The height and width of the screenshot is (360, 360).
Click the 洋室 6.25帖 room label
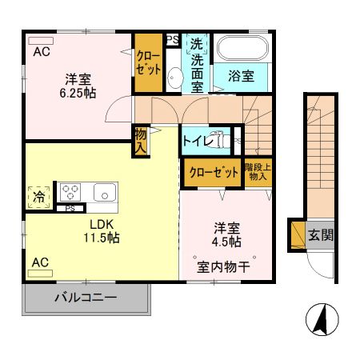[78, 86]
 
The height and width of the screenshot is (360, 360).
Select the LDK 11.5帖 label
[104, 230]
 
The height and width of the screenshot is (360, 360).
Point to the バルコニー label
[86, 298]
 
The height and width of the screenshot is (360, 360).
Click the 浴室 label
[241, 76]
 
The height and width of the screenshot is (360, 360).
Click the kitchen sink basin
[105, 192]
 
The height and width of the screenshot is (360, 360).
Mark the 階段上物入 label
[258, 171]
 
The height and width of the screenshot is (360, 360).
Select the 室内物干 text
[224, 266]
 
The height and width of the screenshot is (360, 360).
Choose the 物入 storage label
[141, 141]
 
